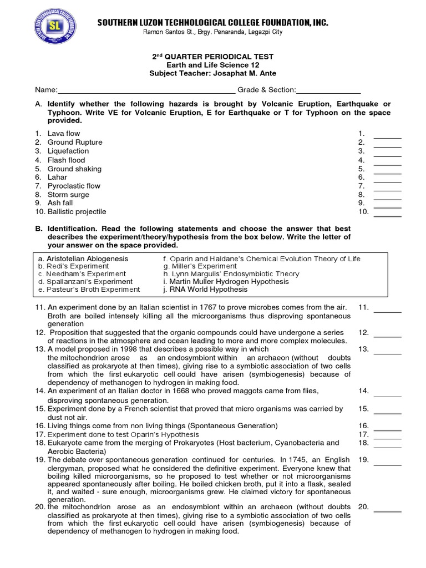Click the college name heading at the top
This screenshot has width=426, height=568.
[213, 22]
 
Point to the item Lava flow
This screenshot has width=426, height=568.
[63, 134]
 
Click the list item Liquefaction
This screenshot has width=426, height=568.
[68, 151]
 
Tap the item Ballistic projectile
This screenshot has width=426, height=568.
[77, 212]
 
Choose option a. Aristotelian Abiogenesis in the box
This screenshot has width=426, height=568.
[83, 259]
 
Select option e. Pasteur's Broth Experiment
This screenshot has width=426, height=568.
[89, 290]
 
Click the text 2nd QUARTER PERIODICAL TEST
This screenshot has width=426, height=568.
[213, 57]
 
